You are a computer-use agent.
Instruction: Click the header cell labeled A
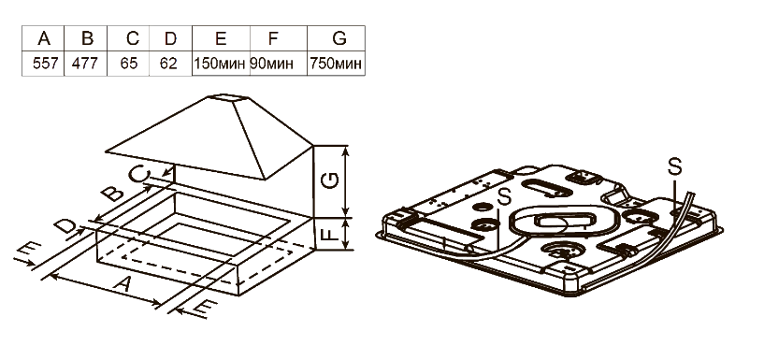(43, 38)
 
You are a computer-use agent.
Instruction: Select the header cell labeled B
(86, 38)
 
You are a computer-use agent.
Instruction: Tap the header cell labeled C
(129, 38)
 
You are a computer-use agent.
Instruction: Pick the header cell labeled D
(171, 38)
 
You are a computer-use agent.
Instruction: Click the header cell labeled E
(221, 38)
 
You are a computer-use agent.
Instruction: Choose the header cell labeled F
(279, 38)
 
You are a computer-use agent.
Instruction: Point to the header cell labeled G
(336, 38)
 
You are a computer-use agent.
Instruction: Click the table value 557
(45, 64)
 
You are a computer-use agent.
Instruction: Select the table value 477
(85, 64)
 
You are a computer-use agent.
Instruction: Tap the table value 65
(129, 64)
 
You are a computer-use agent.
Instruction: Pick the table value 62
(168, 64)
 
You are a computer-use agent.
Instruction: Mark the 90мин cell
(272, 64)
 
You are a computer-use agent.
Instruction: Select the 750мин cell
(337, 64)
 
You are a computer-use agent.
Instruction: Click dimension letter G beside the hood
(330, 181)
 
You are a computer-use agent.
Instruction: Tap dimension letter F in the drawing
(331, 234)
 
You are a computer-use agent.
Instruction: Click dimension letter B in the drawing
(114, 194)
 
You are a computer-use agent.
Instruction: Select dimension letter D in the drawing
(65, 226)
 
